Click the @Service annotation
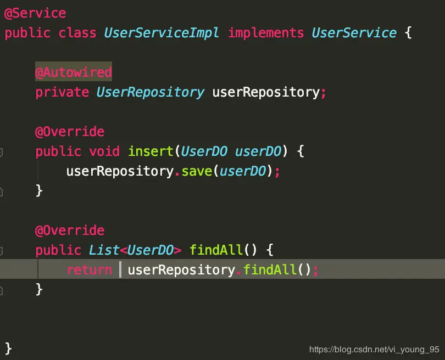pos(35,13)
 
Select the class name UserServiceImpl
pos(162,33)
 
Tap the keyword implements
pos(266,33)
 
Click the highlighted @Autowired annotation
pos(74,72)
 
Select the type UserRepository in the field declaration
pos(150,92)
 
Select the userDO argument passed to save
pos(243,171)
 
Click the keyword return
pos(89,270)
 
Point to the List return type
pos(104,250)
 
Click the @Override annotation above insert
pos(70,132)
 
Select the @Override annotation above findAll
pos(70,230)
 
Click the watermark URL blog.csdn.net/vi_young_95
pos(374,350)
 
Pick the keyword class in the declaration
pos(77,33)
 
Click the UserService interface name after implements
pos(354,33)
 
